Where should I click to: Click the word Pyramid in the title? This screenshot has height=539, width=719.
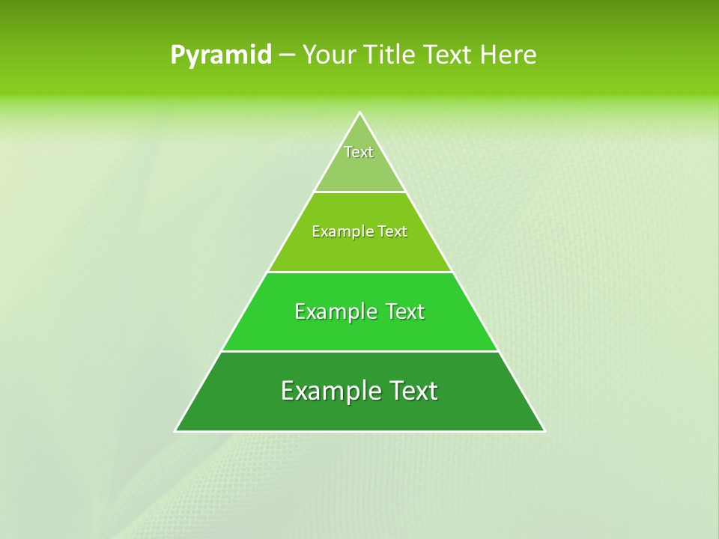point(221,55)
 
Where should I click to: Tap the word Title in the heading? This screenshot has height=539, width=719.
point(391,55)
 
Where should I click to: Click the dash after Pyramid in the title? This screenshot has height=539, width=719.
point(286,55)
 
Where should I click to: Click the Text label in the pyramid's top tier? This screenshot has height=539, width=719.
point(359,152)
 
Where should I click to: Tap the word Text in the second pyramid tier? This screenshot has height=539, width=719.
point(392,231)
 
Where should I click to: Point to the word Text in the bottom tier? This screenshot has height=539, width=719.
point(411,391)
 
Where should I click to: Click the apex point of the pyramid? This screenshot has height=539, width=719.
point(359,113)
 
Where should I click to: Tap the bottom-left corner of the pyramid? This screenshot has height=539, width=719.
point(176,430)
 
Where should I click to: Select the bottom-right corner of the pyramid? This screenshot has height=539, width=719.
point(544,430)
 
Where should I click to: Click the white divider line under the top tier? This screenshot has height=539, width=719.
point(359,192)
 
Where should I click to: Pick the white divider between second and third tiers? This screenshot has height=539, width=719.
point(359,272)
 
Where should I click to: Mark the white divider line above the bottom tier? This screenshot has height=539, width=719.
point(359,351)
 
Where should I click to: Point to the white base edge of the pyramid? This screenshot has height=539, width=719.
point(359,431)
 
